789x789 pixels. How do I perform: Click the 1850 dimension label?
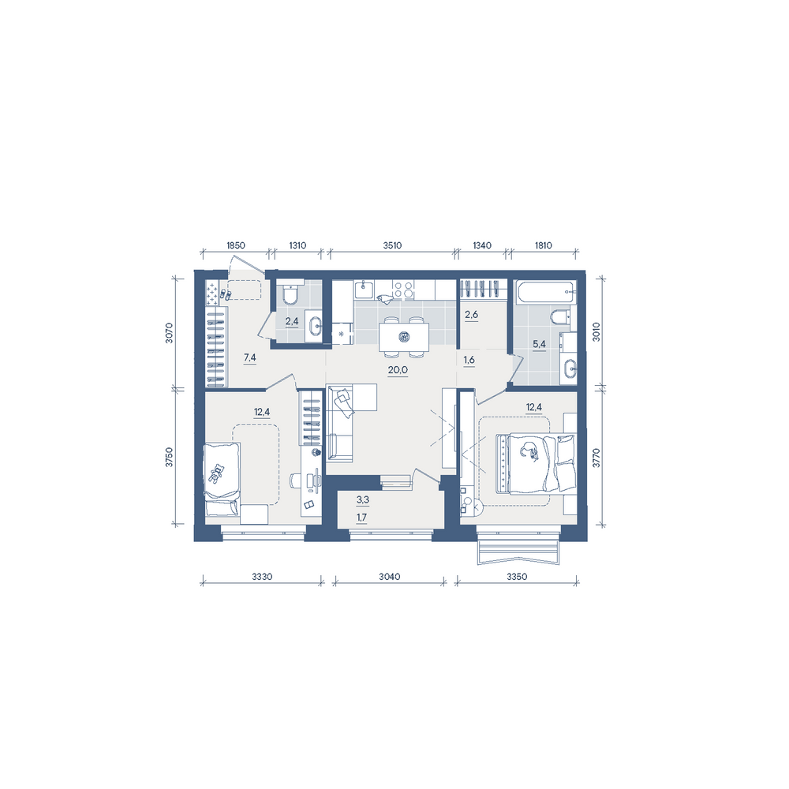235,245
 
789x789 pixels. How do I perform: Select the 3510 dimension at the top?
392,245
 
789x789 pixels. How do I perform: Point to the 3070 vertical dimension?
169,333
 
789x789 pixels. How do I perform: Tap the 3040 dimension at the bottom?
390,577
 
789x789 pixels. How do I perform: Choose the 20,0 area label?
398,370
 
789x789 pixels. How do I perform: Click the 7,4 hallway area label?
249,357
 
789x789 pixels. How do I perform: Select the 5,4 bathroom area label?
539,344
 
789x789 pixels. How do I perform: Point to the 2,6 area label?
472,315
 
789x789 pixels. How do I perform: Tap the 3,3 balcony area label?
363,499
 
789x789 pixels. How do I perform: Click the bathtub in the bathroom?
545,293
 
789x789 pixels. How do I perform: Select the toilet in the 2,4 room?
290,295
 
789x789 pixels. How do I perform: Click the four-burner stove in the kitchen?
403,290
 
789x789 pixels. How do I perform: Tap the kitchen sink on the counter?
364,290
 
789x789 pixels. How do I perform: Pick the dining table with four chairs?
403,337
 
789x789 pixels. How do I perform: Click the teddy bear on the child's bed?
217,473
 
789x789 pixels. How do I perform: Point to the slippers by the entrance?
225,295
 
